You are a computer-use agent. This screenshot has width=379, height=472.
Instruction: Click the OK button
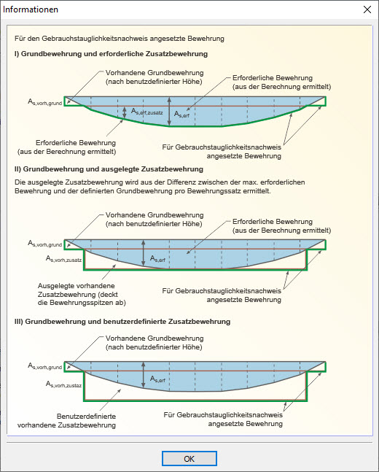[x=189, y=459]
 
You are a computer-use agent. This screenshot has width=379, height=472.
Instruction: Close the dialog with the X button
[x=367, y=9]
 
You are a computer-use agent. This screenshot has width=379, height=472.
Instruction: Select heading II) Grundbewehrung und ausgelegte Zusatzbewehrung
[x=109, y=169]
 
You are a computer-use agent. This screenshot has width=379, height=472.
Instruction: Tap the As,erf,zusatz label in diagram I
[x=146, y=112]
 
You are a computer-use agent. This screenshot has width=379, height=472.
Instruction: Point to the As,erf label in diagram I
[x=183, y=113]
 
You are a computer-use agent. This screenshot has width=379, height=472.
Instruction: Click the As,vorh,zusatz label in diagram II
[x=64, y=258]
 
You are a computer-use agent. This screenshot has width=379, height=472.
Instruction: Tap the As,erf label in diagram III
[x=157, y=379]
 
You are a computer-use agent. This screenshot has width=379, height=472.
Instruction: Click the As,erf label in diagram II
[x=157, y=258]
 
